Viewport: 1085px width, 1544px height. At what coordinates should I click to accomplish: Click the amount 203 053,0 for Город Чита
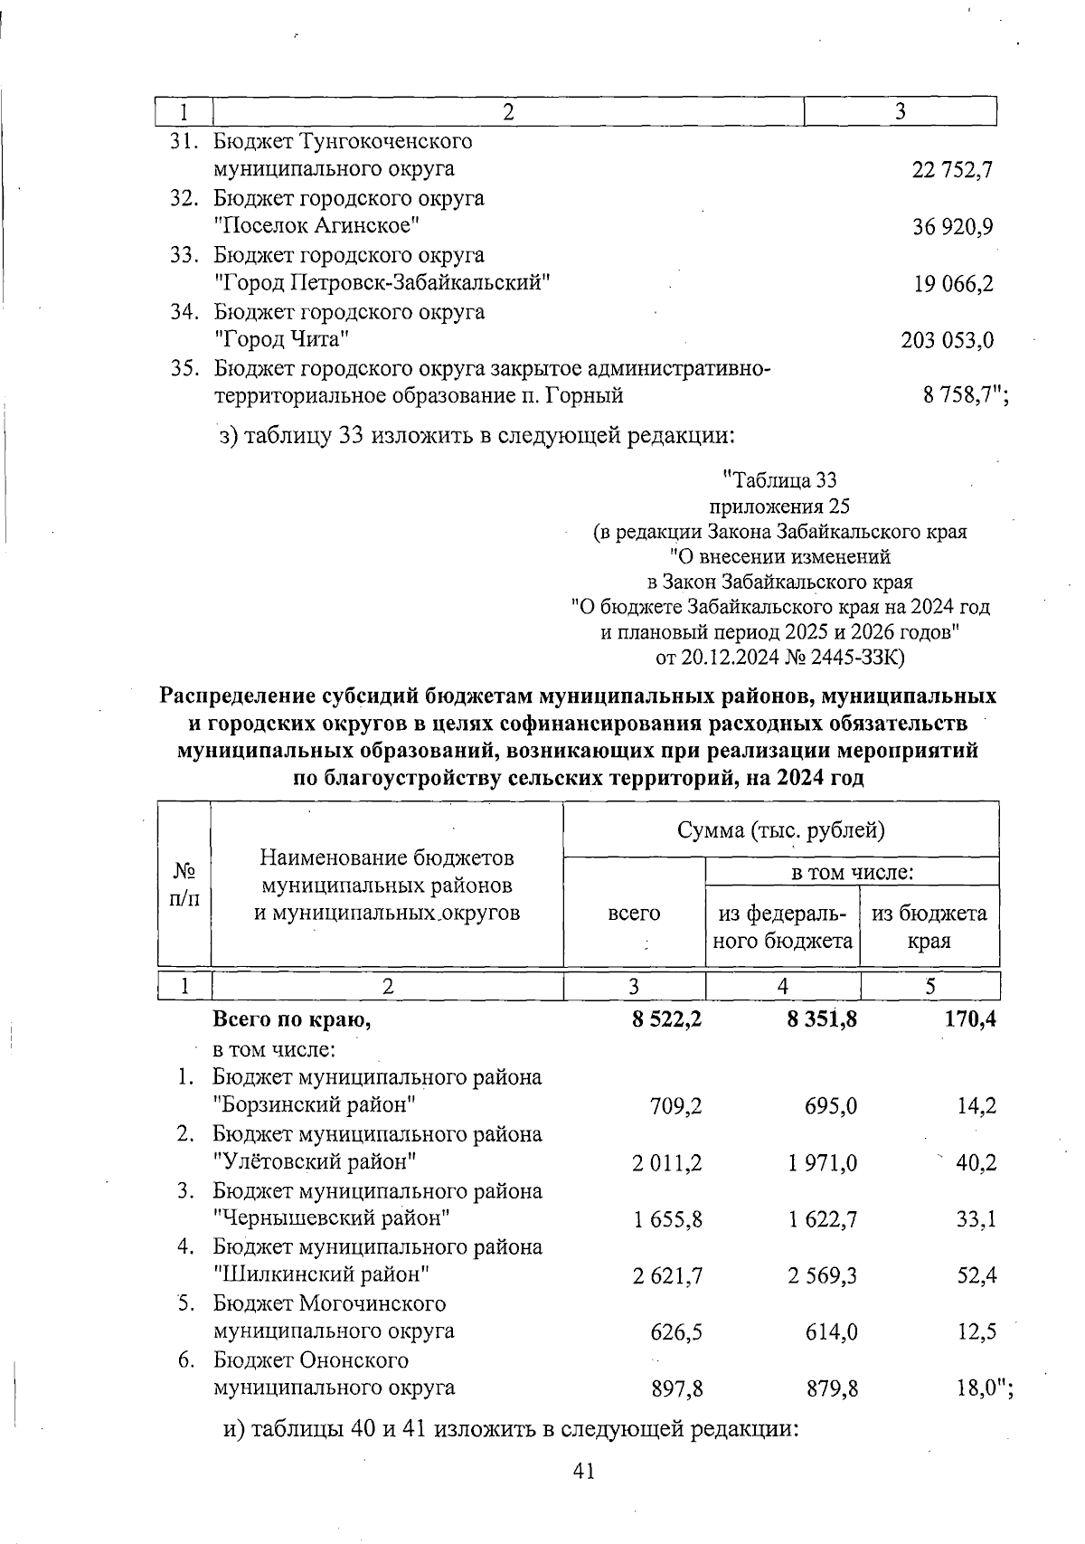point(948,341)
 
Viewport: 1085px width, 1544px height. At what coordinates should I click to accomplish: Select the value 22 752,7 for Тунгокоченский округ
point(953,169)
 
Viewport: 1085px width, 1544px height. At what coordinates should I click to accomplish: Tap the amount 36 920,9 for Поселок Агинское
point(953,226)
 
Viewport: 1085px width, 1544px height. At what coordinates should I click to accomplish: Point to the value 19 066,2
point(953,284)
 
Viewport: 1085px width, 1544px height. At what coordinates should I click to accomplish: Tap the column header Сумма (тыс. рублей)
point(780,829)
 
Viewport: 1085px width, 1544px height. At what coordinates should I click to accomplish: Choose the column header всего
point(634,914)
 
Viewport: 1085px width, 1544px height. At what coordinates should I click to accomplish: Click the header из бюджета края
point(929,926)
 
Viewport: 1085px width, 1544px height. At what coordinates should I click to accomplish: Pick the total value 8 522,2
point(666,1020)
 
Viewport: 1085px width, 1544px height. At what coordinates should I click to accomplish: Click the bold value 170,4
point(970,1020)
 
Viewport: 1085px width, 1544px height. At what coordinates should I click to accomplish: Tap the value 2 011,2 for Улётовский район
point(666,1162)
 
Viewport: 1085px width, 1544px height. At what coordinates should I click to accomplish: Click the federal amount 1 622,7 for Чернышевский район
point(822,1219)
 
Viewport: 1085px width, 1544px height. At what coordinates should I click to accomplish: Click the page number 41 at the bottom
point(583,1472)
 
